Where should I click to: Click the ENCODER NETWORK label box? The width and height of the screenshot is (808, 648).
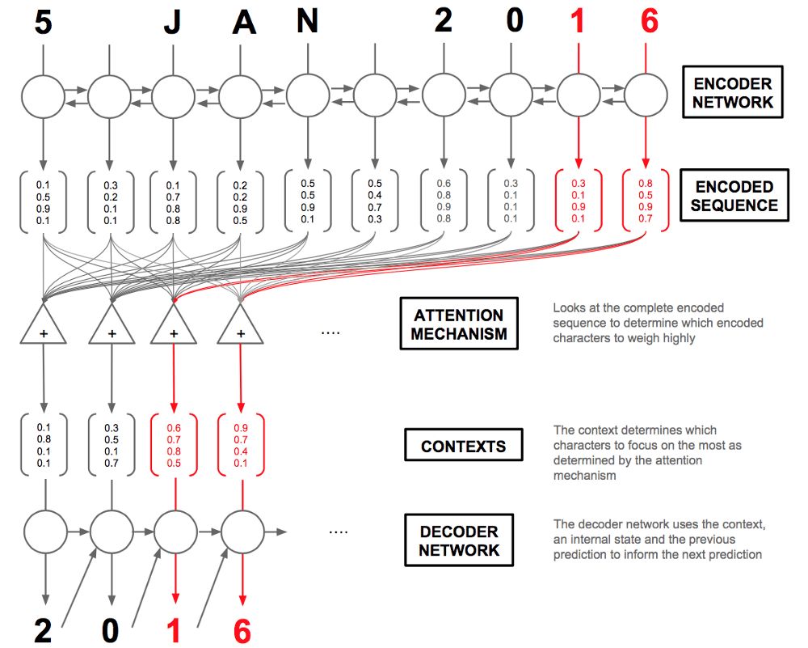[x=734, y=92]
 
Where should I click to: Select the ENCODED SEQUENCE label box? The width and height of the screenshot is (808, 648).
[x=734, y=196]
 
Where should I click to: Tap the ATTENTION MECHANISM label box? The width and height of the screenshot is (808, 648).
[x=458, y=324]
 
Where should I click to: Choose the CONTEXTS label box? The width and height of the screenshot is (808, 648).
[x=463, y=446]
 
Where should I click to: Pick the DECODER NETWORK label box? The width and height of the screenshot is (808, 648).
[x=459, y=541]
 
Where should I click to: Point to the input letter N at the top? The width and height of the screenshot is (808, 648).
[x=307, y=22]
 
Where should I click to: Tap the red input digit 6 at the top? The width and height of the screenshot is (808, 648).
[x=649, y=22]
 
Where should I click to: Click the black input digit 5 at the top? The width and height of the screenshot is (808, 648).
[x=44, y=22]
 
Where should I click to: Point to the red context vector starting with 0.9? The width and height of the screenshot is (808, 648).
[x=241, y=445]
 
